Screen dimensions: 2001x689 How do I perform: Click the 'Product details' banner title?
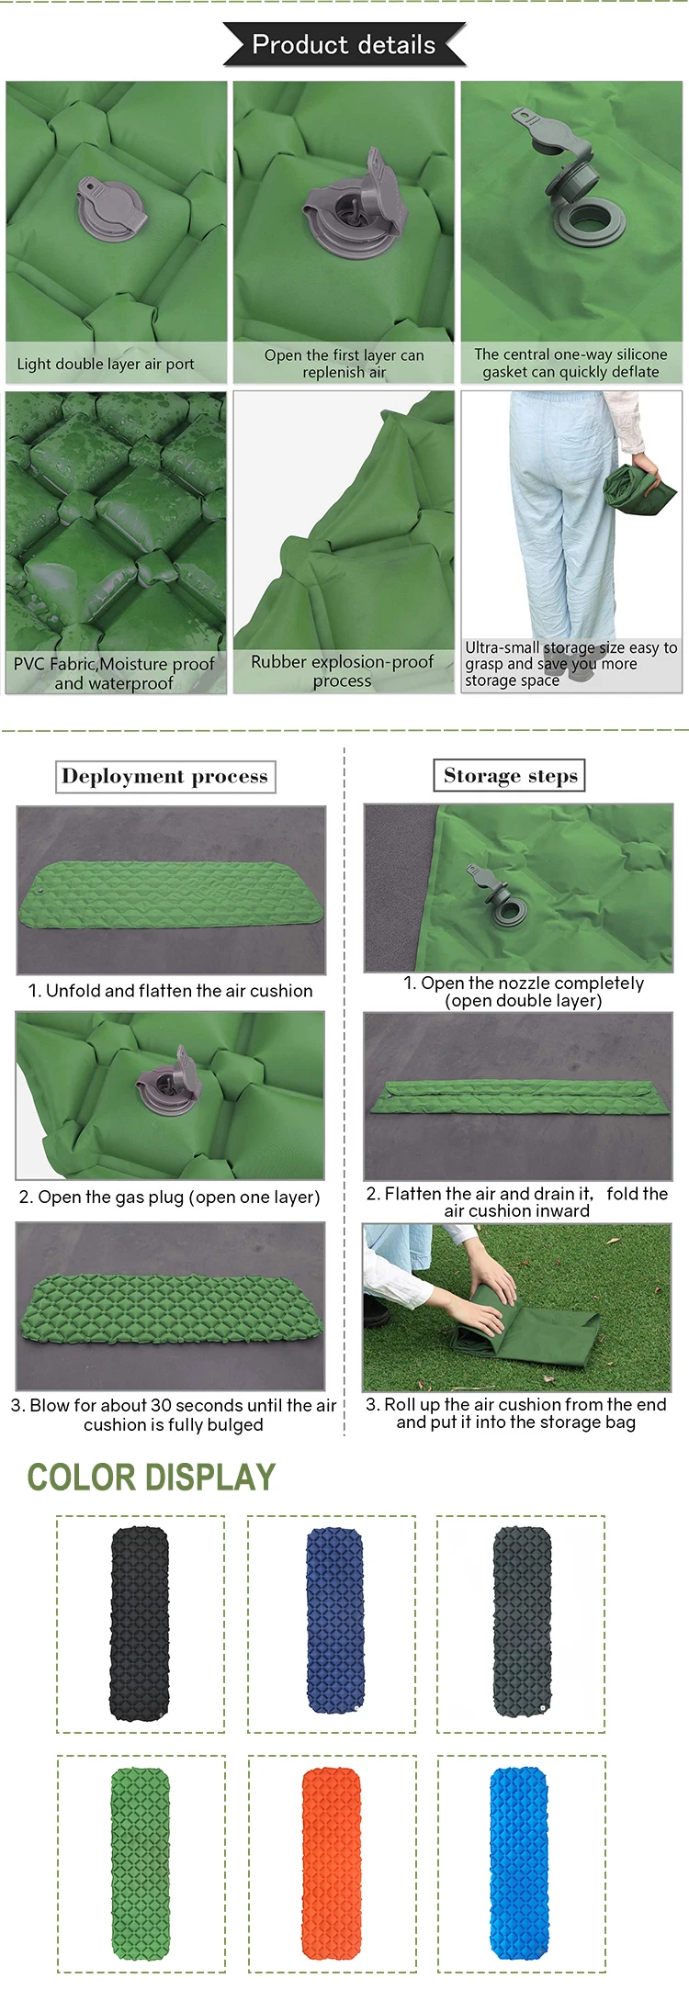pyautogui.click(x=344, y=44)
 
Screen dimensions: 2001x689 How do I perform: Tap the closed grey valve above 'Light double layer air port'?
pyautogui.click(x=111, y=208)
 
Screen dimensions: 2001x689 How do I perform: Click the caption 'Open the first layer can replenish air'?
pyautogui.click(x=344, y=363)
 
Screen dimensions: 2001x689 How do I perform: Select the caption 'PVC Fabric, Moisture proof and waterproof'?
pyautogui.click(x=114, y=673)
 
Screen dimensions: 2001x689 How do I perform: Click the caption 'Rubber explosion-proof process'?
pyautogui.click(x=342, y=670)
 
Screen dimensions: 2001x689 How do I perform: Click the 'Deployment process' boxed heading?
pyautogui.click(x=165, y=776)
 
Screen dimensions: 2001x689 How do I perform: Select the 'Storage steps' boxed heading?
pyautogui.click(x=510, y=775)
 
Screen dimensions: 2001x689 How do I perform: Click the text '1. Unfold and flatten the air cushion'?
pyautogui.click(x=171, y=991)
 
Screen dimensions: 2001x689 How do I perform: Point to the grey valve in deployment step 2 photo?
pyautogui.click(x=169, y=1082)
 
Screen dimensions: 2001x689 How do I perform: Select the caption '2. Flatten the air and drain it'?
pyautogui.click(x=516, y=1201)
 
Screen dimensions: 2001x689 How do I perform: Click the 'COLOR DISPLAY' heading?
pyautogui.click(x=152, y=1477)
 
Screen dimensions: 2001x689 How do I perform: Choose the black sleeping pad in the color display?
pyautogui.click(x=140, y=1624)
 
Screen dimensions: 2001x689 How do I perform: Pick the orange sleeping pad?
pyautogui.click(x=331, y=1863)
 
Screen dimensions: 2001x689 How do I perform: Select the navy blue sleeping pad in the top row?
pyautogui.click(x=334, y=1622)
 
